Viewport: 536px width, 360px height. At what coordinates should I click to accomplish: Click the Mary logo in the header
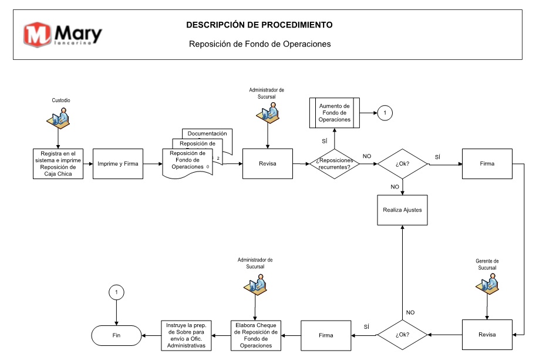tap(63, 35)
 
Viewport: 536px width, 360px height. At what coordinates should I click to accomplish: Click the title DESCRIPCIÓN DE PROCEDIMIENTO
tap(259, 25)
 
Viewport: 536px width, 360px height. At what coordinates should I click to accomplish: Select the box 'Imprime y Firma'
tap(118, 164)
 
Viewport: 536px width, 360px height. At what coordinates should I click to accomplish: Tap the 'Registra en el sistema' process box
tap(58, 164)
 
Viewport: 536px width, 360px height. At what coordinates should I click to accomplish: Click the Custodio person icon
tap(59, 118)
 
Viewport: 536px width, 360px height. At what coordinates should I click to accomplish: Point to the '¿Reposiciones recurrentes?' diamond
tap(334, 164)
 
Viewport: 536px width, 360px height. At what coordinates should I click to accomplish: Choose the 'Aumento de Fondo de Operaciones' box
tap(334, 113)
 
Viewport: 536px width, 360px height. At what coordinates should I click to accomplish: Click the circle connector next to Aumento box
tap(385, 113)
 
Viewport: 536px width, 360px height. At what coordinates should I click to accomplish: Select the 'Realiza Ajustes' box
tap(402, 210)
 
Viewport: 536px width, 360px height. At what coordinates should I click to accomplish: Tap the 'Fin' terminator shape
tap(116, 335)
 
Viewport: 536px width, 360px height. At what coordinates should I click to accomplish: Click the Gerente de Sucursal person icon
tap(487, 284)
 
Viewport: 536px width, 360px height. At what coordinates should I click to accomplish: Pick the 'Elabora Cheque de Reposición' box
tap(256, 335)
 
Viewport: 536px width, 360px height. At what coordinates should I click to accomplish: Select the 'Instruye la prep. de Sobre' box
tap(186, 335)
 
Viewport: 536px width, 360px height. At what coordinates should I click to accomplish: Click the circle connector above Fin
tap(116, 292)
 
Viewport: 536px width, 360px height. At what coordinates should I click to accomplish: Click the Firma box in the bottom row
tap(326, 335)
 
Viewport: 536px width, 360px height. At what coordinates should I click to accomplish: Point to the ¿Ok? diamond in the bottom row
tap(402, 335)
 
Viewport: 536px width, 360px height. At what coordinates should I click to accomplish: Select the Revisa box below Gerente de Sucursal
tap(487, 335)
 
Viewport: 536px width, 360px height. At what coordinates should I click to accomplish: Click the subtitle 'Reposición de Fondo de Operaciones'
tap(260, 44)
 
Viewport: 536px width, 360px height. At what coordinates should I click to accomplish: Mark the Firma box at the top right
tap(487, 164)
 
